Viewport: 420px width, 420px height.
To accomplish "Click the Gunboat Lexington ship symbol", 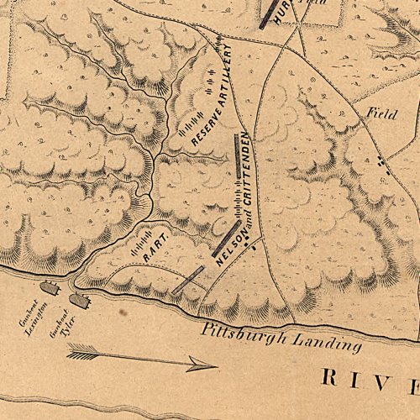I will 49,288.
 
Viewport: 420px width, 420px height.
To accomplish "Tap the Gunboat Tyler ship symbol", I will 79,298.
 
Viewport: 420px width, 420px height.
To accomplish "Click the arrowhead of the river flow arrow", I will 202,365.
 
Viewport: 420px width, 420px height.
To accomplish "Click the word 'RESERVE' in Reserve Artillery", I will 207,121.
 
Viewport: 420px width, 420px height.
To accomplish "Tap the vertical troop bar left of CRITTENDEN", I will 237,160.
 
